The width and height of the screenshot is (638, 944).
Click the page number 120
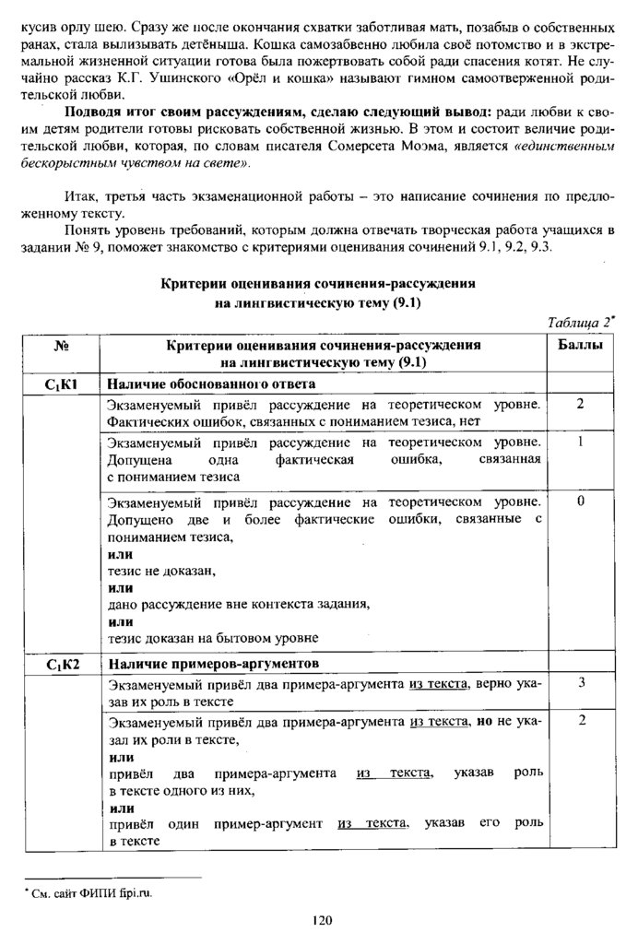click(320, 918)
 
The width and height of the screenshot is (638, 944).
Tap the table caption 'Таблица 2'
click(580, 323)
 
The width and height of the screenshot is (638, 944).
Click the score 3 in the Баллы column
click(582, 684)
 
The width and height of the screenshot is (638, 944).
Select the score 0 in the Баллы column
click(581, 501)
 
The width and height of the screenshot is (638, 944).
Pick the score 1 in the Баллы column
click(582, 442)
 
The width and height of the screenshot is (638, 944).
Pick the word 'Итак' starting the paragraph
click(81, 196)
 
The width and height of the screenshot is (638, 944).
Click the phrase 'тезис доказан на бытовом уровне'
click(213, 637)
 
